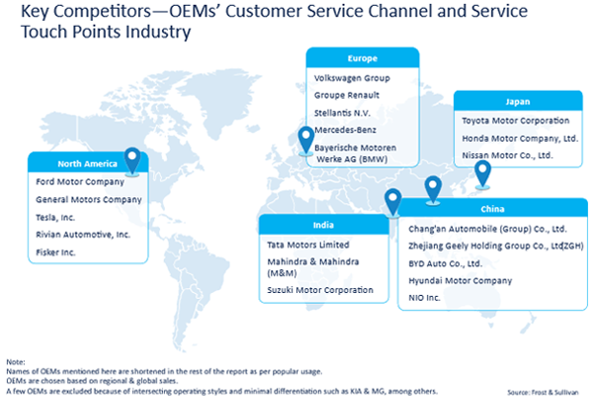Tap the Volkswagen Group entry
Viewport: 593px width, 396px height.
(352, 76)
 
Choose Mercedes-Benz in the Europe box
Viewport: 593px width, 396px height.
(344, 130)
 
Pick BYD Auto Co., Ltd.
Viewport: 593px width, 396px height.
(445, 263)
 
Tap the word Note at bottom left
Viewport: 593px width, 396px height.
(15, 362)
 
